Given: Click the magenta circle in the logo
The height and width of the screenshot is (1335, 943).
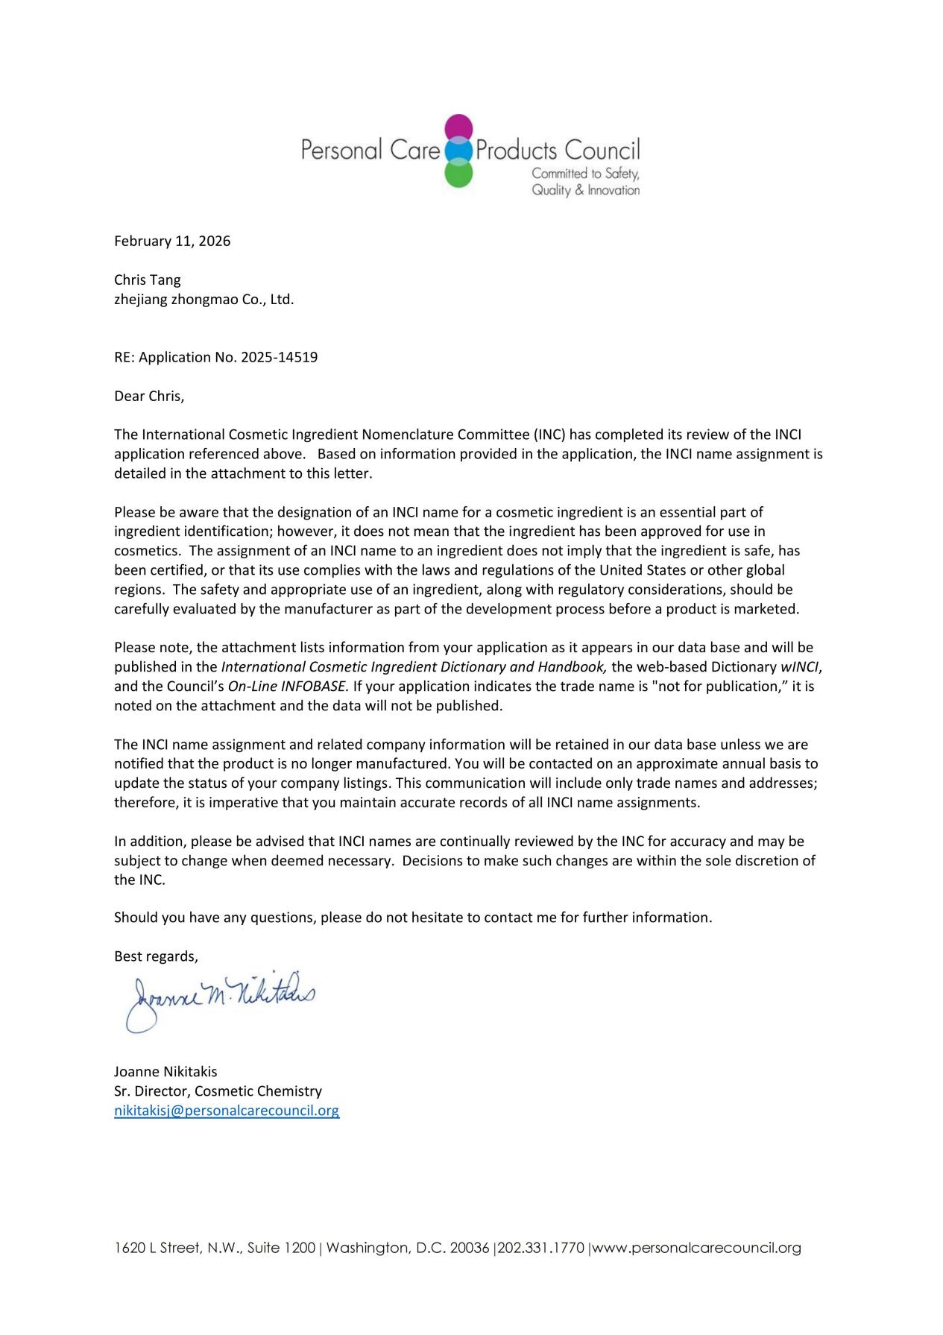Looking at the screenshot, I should (459, 127).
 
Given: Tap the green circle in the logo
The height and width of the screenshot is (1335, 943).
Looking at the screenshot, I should (459, 174).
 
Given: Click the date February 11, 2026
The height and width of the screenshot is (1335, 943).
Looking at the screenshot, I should (172, 242).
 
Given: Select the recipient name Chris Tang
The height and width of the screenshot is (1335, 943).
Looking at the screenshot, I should (147, 280).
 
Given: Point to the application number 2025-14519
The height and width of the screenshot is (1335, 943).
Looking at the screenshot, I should (280, 357).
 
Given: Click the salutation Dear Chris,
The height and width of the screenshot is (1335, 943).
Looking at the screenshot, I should (149, 396).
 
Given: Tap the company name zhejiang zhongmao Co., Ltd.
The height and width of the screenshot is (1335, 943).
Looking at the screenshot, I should (204, 300).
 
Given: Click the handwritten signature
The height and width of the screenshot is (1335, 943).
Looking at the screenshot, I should (221, 999).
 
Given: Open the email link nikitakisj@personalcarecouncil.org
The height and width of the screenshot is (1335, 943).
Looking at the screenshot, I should (227, 1111).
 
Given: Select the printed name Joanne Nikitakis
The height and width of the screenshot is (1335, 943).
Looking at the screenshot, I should (165, 1072).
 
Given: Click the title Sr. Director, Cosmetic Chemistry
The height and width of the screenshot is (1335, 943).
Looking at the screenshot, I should (218, 1091).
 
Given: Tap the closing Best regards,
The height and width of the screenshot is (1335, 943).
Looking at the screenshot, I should (156, 956).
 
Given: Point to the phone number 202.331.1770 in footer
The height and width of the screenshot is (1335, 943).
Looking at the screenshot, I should (540, 1248).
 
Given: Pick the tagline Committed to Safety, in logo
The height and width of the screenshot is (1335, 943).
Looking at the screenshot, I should (585, 174).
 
